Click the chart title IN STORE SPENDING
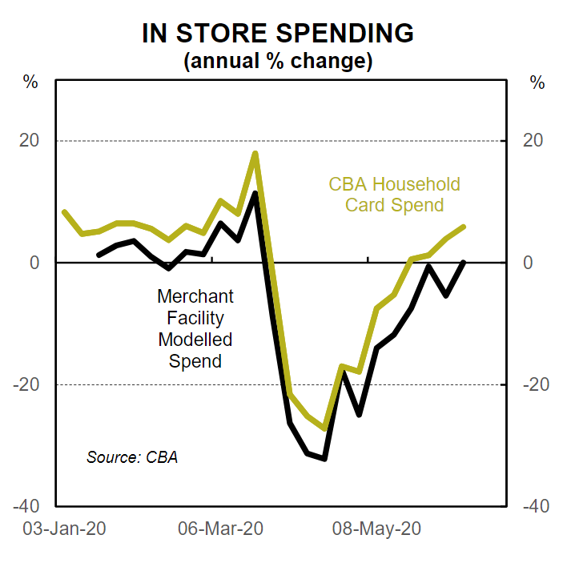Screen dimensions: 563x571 pos(278,34)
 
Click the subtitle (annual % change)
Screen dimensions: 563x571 pos(278,61)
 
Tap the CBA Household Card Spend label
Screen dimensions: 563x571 pos(394,195)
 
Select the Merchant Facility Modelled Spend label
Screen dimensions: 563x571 pos(195,328)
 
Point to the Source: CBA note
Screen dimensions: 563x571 pos(132,457)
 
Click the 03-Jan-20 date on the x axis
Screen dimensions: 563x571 pos(63,529)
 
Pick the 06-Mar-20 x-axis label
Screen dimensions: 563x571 pos(220,529)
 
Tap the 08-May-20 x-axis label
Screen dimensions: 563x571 pos(377,529)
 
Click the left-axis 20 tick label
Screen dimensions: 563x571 pos(29,141)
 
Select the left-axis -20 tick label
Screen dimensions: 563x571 pos(26,384)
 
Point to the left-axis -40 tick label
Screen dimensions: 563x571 pos(26,506)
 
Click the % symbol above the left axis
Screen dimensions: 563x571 pos(30,82)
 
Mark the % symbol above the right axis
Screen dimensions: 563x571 pos(537,82)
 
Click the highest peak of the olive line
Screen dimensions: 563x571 pos(255,153)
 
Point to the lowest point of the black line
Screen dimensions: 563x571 pos(324,459)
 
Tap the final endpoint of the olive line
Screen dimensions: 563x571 pos(464,227)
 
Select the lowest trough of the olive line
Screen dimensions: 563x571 pos(324,428)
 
